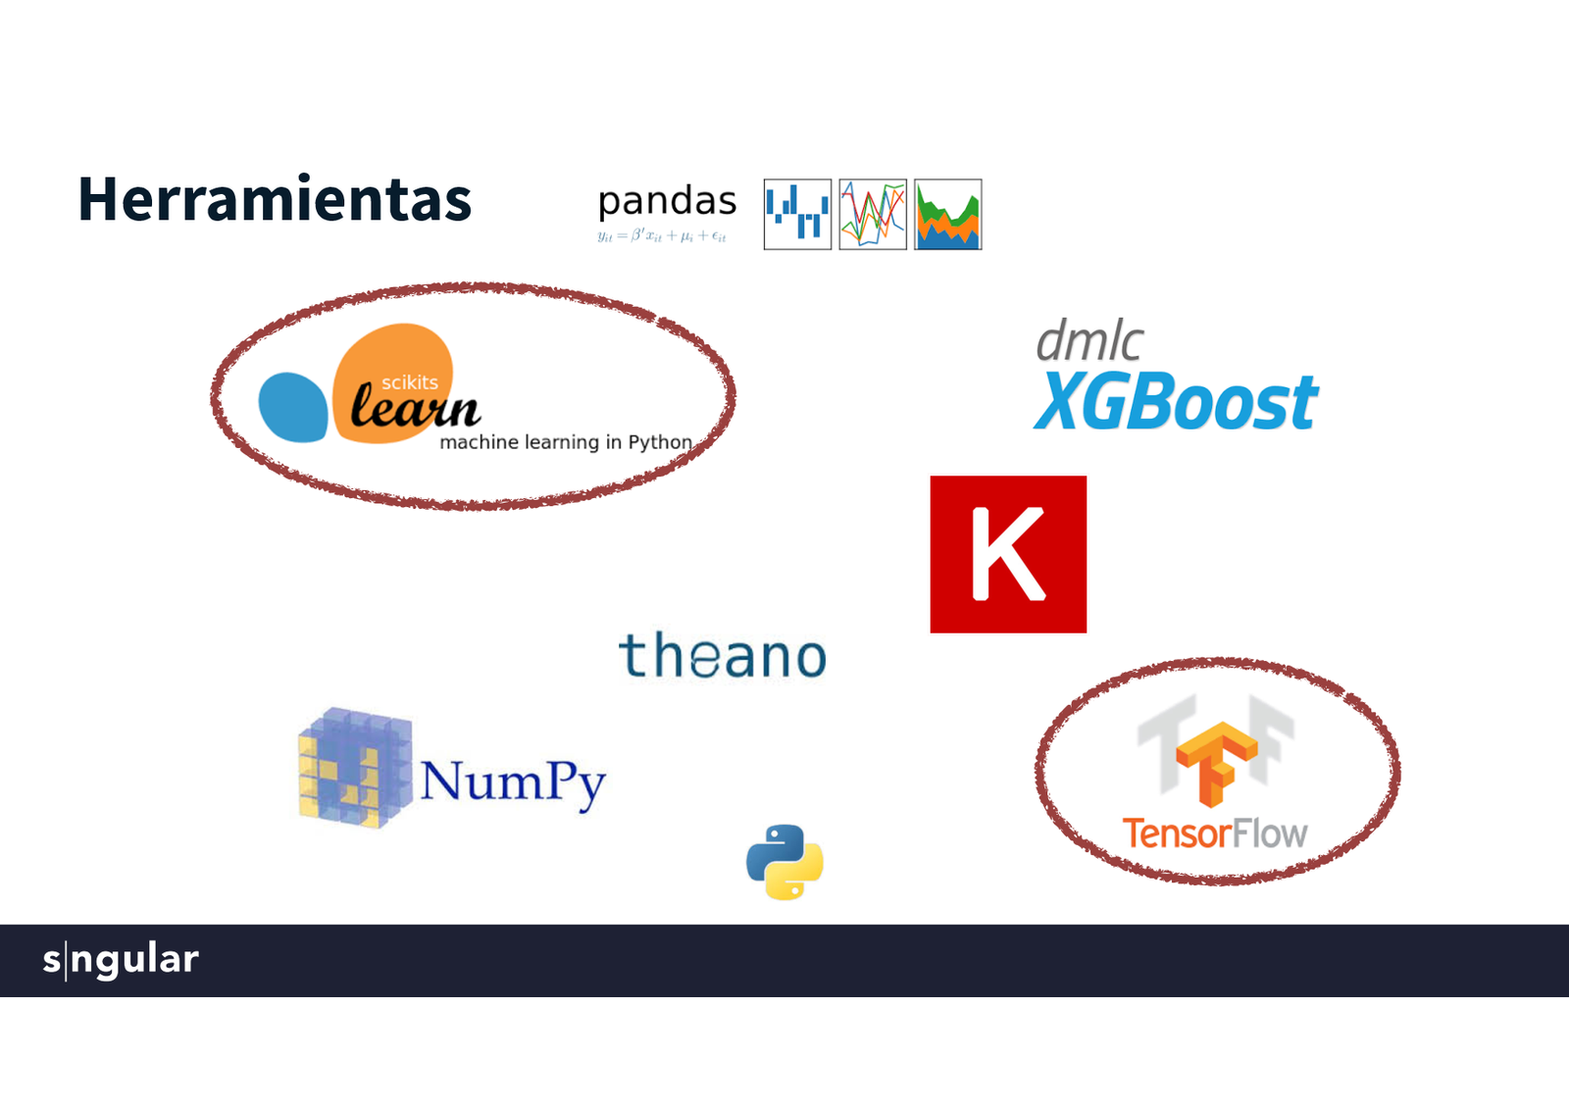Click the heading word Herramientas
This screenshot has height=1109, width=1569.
275,199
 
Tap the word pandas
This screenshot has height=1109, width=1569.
667,201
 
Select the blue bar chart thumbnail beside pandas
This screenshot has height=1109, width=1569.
797,214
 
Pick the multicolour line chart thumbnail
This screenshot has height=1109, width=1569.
873,214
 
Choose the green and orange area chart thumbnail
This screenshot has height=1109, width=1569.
947,214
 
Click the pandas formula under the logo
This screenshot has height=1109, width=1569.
662,236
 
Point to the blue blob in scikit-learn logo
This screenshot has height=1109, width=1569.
292,407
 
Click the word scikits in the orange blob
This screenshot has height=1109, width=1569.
410,382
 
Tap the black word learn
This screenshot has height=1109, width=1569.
415,408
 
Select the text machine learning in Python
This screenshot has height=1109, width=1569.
566,442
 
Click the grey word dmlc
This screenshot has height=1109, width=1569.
1088,341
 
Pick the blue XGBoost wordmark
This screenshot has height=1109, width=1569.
1176,402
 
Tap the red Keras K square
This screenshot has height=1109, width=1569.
1008,554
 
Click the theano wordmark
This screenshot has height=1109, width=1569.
723,656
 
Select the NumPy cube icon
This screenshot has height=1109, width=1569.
354,768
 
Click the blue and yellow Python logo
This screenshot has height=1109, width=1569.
784,862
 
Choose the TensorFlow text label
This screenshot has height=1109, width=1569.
1215,833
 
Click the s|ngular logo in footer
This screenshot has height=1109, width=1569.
121,959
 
